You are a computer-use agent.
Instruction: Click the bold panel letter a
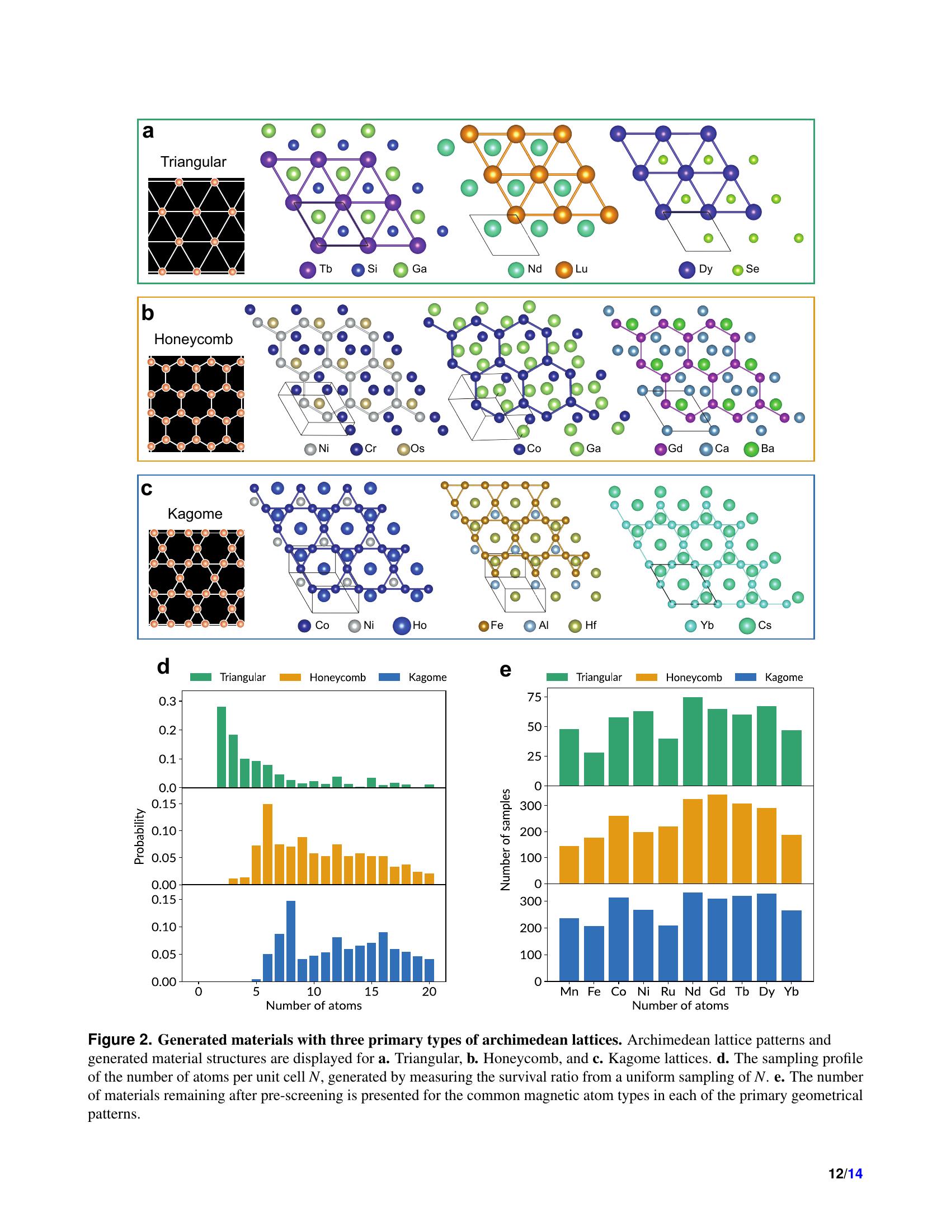click(x=148, y=131)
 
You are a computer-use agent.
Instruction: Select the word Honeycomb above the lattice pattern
click(x=193, y=339)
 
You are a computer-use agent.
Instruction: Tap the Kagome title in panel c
click(x=195, y=514)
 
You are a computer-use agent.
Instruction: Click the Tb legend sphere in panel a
click(x=308, y=270)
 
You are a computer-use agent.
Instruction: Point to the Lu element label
click(x=581, y=269)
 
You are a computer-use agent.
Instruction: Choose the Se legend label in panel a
click(x=752, y=269)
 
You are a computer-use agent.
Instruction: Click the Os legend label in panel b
click(x=417, y=449)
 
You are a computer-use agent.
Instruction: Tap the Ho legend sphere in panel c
click(x=402, y=626)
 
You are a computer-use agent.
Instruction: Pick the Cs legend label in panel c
click(x=765, y=626)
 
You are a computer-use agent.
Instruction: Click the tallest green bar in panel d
click(x=222, y=747)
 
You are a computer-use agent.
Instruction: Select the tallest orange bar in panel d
click(x=267, y=844)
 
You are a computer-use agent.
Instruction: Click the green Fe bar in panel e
click(x=594, y=769)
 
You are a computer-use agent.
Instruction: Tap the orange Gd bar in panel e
click(x=717, y=839)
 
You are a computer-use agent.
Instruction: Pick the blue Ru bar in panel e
click(x=667, y=953)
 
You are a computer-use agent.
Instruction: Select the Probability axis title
click(x=139, y=837)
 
